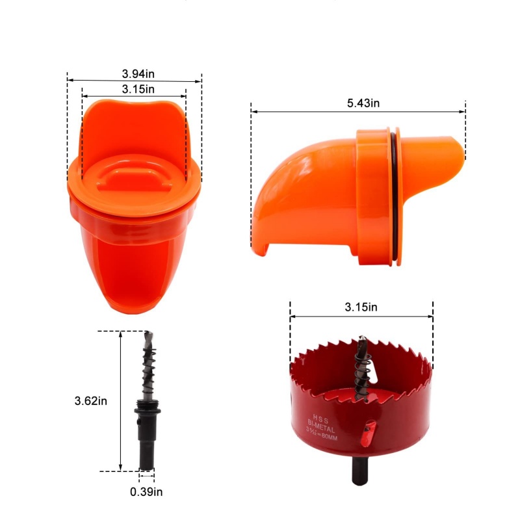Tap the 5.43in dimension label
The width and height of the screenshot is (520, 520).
363,103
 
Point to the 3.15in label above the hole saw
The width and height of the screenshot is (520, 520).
361,307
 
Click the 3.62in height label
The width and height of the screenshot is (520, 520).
91,401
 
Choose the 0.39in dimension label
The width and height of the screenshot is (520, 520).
146,491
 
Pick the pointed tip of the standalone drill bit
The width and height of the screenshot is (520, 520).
148,333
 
